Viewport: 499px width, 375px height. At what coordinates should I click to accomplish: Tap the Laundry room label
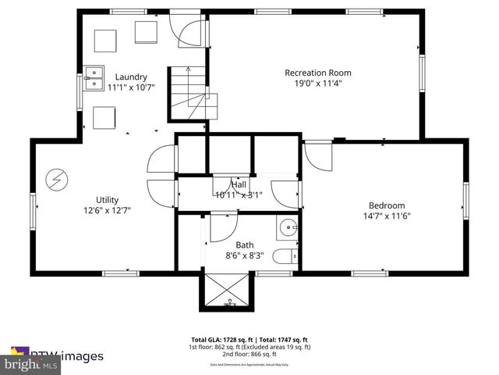click(132, 77)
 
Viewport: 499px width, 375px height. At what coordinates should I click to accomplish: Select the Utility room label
click(108, 200)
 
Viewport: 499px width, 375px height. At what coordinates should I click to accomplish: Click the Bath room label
click(245, 245)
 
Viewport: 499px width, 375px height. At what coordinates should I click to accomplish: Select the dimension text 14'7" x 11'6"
click(387, 216)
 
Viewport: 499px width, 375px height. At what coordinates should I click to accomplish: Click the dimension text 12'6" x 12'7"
click(108, 210)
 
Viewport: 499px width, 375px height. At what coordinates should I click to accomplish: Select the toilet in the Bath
click(285, 254)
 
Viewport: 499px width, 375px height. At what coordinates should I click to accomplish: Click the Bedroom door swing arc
click(317, 156)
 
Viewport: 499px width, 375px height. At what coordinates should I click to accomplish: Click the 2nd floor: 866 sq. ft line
click(249, 353)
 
